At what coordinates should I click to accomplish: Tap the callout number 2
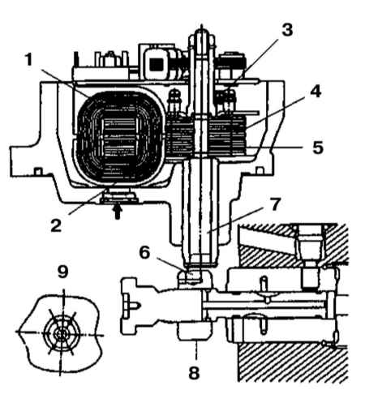(x=56, y=225)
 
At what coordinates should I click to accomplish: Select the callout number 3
(x=287, y=30)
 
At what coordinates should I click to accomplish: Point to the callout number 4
(x=316, y=92)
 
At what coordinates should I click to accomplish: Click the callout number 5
(x=318, y=148)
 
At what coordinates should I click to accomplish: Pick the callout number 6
(x=144, y=253)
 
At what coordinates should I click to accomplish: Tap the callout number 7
(x=275, y=204)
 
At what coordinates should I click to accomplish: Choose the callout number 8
(x=194, y=372)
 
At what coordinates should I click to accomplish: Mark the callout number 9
(x=63, y=272)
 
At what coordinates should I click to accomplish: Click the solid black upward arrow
(x=117, y=212)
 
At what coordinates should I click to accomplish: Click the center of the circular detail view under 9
(x=62, y=334)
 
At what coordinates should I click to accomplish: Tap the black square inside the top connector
(x=157, y=64)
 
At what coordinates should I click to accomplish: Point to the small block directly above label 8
(x=194, y=330)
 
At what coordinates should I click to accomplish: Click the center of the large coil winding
(x=121, y=138)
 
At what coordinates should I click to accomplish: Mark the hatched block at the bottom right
(x=292, y=362)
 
